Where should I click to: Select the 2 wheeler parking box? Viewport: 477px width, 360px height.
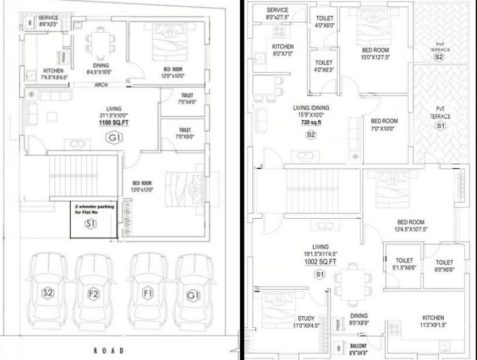tap(92, 217)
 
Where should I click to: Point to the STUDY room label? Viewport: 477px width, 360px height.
tap(306, 322)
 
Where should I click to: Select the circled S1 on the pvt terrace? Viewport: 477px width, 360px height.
tap(440, 126)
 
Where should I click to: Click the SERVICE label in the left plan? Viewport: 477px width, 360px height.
tap(48, 20)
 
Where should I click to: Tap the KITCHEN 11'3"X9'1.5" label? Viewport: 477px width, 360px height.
tap(433, 321)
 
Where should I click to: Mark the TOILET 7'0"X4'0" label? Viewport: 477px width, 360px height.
tap(185, 98)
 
